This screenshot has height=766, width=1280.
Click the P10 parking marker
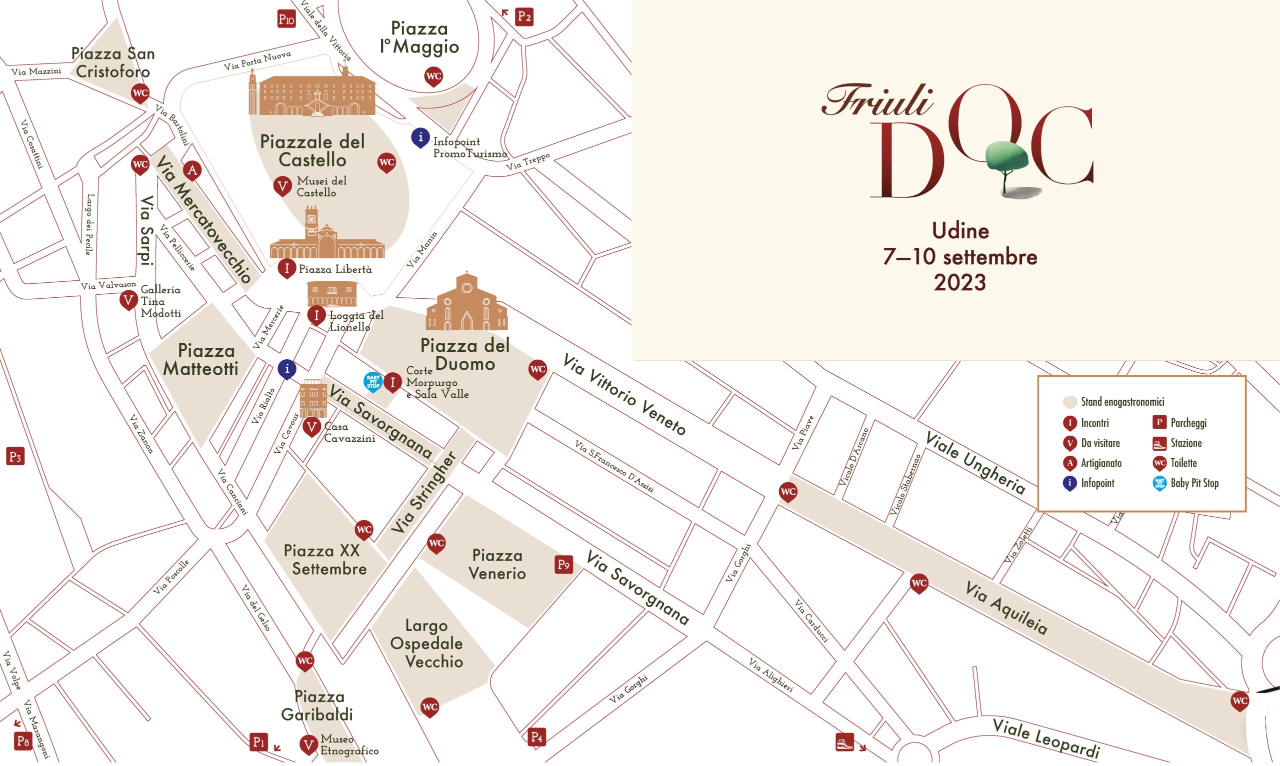286,19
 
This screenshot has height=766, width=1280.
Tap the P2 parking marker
524,16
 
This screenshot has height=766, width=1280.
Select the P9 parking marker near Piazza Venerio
563,564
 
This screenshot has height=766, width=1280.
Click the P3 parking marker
15,456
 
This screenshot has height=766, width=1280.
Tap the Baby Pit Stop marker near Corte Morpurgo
373,382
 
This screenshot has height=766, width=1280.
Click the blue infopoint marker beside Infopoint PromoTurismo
420,137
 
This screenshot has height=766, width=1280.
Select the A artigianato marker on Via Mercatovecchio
192,170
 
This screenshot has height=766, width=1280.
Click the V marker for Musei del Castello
282,186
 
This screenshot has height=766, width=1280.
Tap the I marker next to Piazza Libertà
286,268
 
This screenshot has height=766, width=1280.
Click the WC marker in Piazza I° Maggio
433,76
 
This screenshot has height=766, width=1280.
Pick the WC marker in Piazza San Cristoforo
140,93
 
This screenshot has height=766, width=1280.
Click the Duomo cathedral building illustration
466,304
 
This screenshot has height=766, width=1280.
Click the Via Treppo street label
527,162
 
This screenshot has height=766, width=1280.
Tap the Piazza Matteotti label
201,359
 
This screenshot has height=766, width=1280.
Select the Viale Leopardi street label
1046,738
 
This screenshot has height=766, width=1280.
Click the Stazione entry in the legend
1185,443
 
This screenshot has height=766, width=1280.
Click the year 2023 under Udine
960,282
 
